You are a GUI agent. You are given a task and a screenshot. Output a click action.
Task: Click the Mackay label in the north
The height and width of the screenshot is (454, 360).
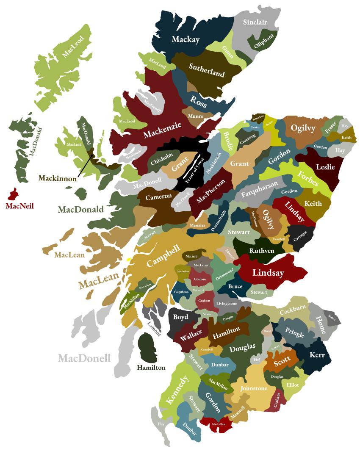tap(186, 39)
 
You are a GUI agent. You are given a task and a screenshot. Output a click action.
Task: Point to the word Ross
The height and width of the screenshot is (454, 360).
tap(198, 101)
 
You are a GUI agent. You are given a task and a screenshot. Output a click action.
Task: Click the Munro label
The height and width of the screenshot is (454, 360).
tap(195, 116)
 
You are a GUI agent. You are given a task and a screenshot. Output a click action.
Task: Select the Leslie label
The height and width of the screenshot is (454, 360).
tap(325, 167)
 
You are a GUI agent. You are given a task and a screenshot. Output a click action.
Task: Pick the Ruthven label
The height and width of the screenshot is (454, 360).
tap(261, 251)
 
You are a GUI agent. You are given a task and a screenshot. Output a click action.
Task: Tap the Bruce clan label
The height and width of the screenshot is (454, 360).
tap(235, 286)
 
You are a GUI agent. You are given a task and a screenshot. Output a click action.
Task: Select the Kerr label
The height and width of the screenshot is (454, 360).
tap(317, 355)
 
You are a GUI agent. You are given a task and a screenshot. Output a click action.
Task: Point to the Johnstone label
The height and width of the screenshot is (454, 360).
tap(254, 388)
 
